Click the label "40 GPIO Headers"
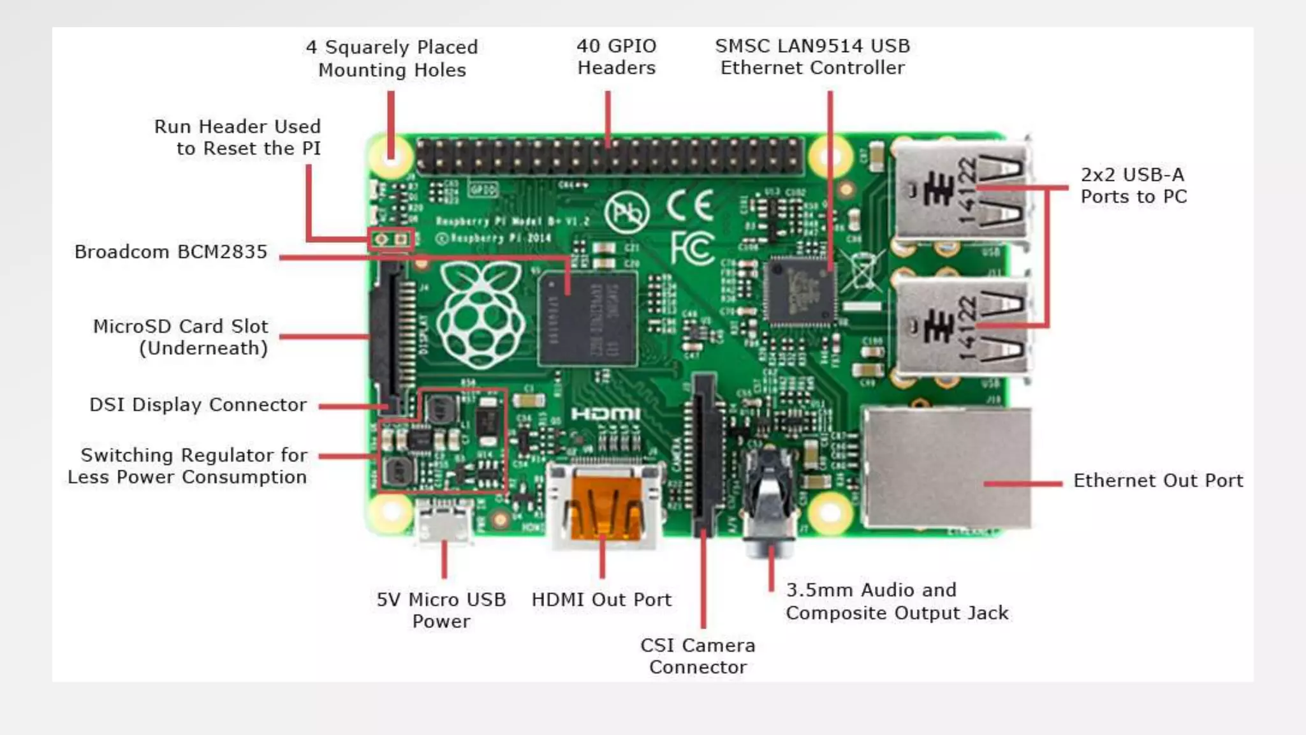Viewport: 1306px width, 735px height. [616, 57]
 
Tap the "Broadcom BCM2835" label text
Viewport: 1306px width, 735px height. [170, 252]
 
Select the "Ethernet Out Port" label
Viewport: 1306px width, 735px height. [1157, 480]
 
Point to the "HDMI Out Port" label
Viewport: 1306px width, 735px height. [601, 600]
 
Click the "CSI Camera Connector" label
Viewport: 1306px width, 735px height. [698, 656]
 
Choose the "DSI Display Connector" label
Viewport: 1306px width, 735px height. [198, 405]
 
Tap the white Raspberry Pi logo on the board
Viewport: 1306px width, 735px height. [481, 316]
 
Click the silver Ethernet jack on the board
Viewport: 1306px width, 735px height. [946, 469]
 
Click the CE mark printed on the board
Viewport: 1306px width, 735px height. [690, 205]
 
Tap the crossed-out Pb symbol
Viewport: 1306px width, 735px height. [627, 213]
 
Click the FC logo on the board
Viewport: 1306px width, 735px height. [692, 248]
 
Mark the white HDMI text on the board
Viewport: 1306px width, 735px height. [605, 415]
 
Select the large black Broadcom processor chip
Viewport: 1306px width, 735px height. [587, 319]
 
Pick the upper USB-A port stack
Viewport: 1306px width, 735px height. [962, 191]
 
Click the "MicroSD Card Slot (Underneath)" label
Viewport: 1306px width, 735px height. [180, 337]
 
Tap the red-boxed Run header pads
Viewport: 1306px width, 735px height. [391, 239]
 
